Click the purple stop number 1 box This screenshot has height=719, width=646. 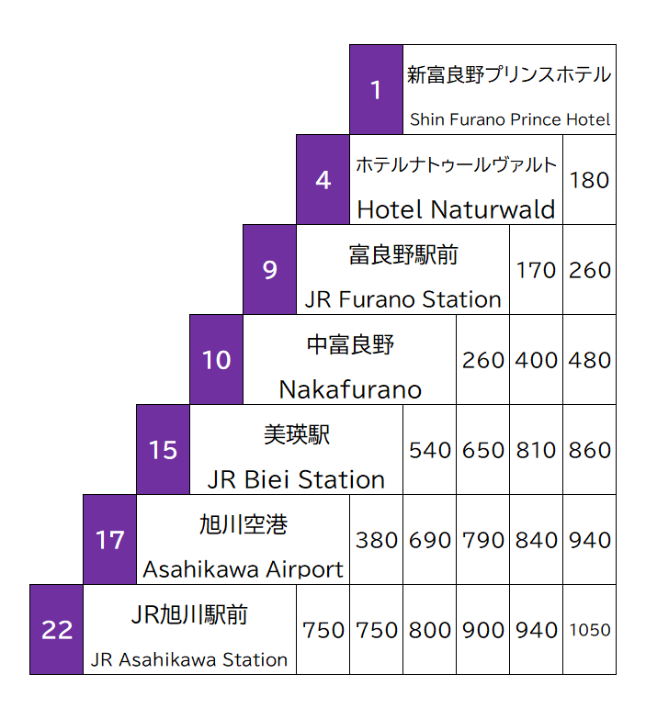(376, 89)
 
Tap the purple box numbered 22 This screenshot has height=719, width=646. (57, 630)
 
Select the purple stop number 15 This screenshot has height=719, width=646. (163, 450)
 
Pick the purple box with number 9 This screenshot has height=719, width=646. (269, 270)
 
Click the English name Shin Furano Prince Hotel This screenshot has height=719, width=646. (509, 119)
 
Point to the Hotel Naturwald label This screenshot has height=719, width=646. (456, 209)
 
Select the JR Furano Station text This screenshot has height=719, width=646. (403, 299)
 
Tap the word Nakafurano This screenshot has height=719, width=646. (350, 389)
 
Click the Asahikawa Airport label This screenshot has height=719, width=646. (244, 569)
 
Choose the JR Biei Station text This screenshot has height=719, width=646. (296, 479)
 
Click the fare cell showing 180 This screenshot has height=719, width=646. (589, 180)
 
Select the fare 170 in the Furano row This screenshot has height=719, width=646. (536, 270)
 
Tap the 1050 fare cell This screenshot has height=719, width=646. (589, 630)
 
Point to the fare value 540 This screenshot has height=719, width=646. (429, 450)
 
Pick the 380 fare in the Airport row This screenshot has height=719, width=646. (376, 540)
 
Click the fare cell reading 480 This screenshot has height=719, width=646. (589, 360)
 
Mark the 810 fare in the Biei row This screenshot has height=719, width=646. (536, 450)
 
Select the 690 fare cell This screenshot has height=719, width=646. (429, 540)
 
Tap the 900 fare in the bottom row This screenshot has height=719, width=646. (482, 630)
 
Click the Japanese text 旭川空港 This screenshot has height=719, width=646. (244, 524)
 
